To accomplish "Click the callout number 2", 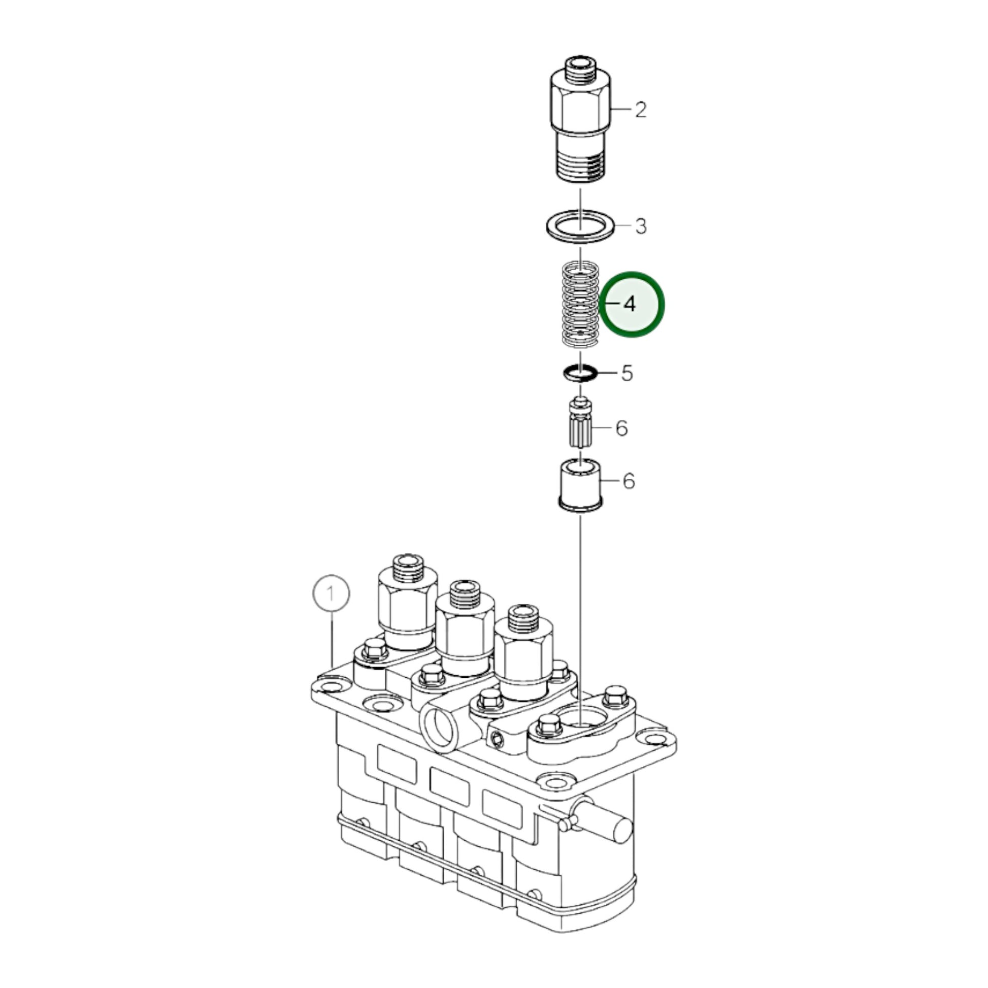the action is pos(641,110).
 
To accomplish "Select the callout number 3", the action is pos(641,225).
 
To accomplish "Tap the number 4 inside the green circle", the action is pos(630,304).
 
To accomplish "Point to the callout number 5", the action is pos(627,373).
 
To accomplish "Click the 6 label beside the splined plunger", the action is pos(621,427).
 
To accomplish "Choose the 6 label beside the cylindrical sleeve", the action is pos(629,481).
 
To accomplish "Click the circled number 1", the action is pos(332,594).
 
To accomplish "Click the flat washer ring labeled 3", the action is pos(580,226).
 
